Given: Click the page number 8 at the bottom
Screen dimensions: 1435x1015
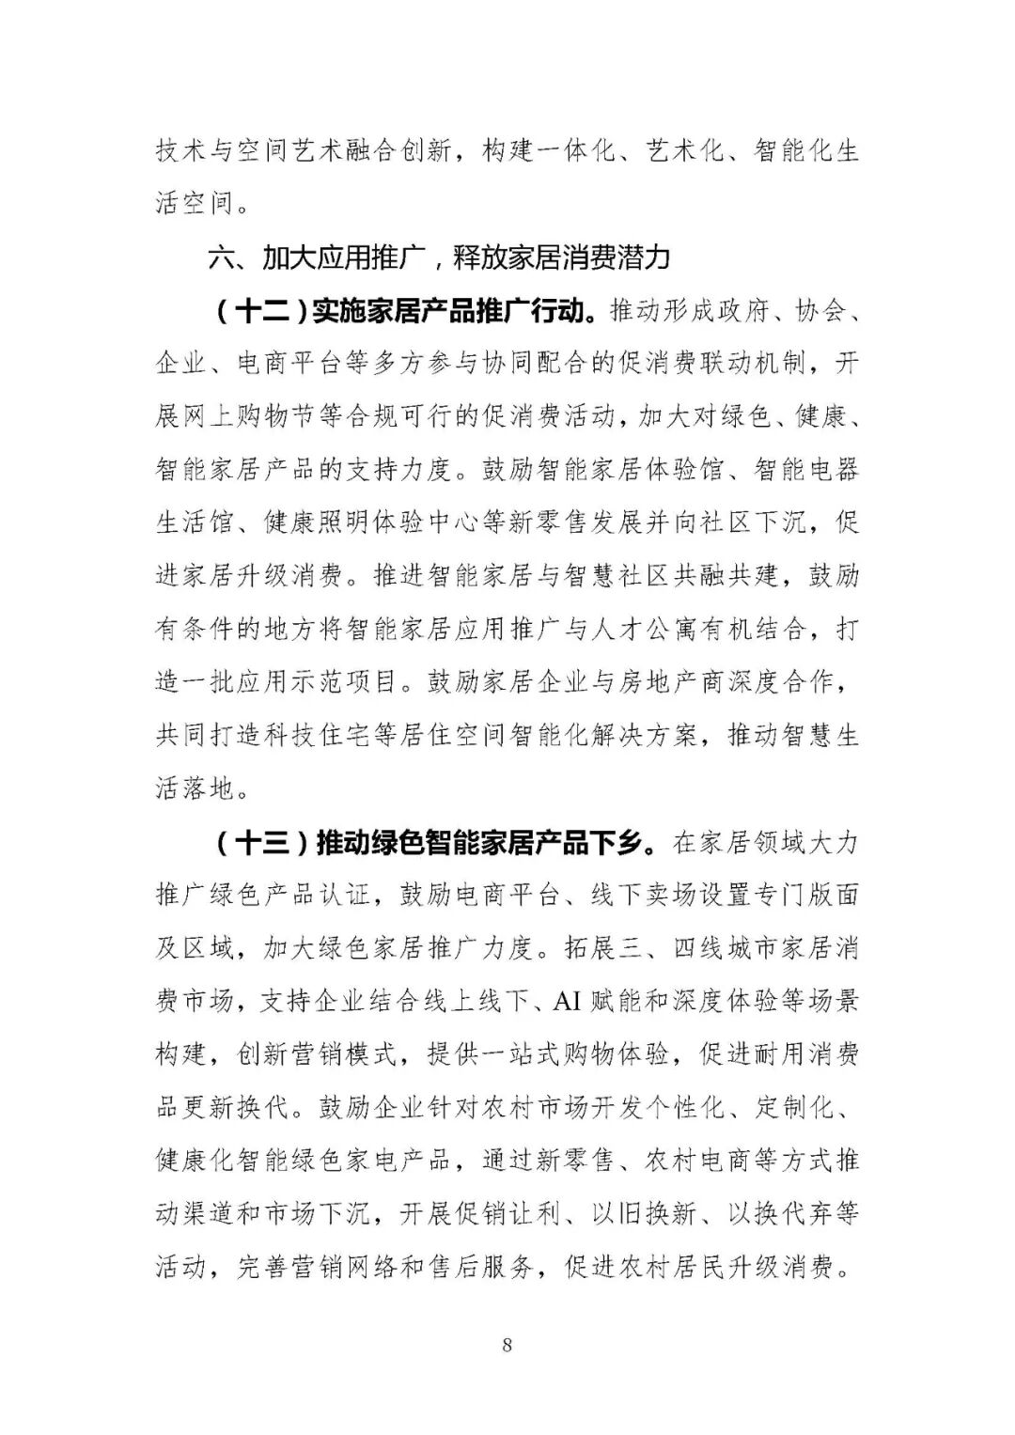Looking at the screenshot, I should (507, 1345).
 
